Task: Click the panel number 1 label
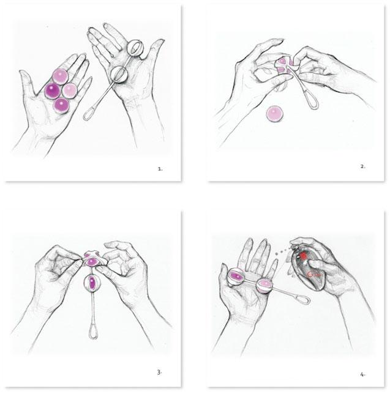pos(160,169)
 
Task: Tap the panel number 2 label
pos(362,166)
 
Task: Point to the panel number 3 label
pos(159,372)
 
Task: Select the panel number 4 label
pos(362,374)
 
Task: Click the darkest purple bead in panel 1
pos(53,91)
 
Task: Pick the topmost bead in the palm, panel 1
pos(61,76)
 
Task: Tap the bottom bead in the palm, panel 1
pos(61,105)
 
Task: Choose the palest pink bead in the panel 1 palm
pos(69,91)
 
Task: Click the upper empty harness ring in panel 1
pos(135,48)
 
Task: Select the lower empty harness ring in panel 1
pos(119,75)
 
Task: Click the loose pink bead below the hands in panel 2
pos(275,114)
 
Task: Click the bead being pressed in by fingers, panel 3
pos(91,262)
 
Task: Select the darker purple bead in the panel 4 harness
pos(236,277)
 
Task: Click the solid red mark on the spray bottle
pos(303,256)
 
